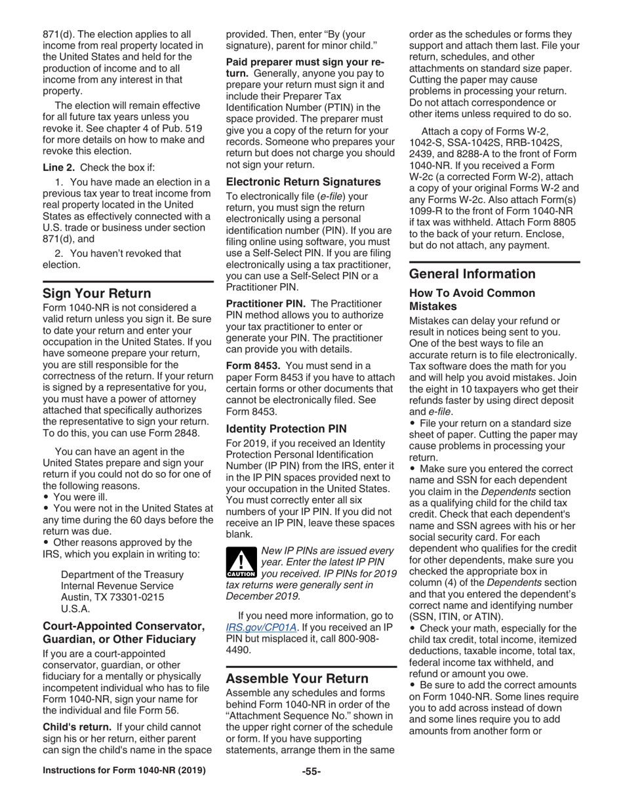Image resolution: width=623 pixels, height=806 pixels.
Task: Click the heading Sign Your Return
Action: coord(96,293)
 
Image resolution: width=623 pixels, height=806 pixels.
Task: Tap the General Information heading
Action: coord(472,274)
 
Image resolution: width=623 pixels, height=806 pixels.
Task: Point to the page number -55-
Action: coord(311,790)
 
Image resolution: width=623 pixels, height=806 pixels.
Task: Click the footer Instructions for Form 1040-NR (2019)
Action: coord(124,790)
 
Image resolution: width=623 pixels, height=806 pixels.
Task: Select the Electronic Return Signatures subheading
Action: coord(303,182)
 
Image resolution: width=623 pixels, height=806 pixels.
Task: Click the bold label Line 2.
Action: coord(60,166)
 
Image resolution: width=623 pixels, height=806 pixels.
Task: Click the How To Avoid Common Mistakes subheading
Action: coord(472,299)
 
